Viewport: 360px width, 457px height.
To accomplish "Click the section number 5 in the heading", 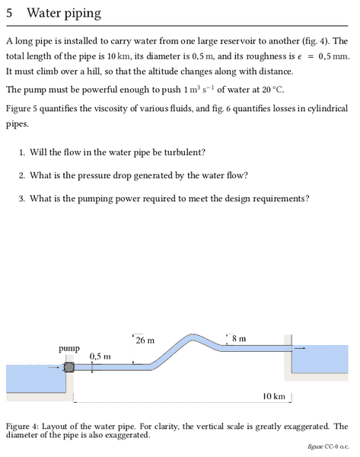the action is pyautogui.click(x=9, y=13).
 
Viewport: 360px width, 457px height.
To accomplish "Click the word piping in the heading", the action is pyautogui.click(x=82, y=14).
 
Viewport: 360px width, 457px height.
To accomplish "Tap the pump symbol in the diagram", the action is pyautogui.click(x=68, y=367).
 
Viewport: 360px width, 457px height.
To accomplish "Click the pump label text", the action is pyautogui.click(x=69, y=349).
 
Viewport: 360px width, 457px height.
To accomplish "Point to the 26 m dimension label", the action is pyautogui.click(x=145, y=340).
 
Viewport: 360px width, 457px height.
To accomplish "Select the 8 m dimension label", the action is pyautogui.click(x=239, y=339).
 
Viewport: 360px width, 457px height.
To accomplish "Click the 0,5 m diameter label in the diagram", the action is pyautogui.click(x=100, y=356).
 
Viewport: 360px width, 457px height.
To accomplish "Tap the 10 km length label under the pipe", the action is pyautogui.click(x=274, y=396).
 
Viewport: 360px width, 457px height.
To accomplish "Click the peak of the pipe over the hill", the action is pyautogui.click(x=191, y=337).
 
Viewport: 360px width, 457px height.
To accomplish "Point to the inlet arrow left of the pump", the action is pyautogui.click(x=53, y=367).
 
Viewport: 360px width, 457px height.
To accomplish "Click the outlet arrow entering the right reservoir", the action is pyautogui.click(x=300, y=348).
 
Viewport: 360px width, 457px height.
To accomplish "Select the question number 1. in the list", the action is pyautogui.click(x=22, y=152).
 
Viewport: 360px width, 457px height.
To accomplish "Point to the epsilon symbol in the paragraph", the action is pyautogui.click(x=299, y=57).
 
